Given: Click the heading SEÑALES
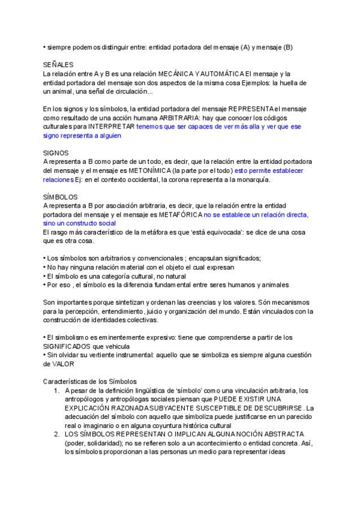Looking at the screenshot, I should (x=58, y=64).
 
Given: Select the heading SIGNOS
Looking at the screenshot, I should (x=56, y=153).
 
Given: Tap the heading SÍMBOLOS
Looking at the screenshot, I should (x=60, y=197).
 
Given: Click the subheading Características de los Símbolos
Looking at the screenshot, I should (x=90, y=381).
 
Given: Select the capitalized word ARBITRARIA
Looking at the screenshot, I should (x=160, y=118).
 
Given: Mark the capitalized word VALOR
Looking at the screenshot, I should (x=63, y=364).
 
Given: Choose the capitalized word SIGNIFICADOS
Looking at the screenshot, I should (x=69, y=346).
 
